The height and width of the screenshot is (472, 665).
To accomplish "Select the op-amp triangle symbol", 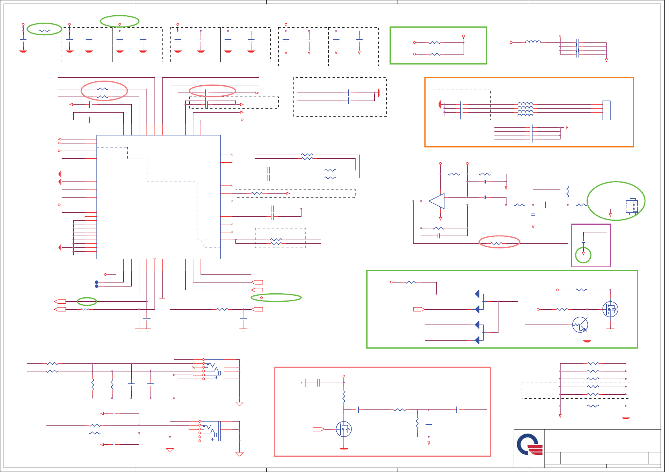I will [x=437, y=201].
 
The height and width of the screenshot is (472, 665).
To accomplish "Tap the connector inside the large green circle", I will [x=632, y=206].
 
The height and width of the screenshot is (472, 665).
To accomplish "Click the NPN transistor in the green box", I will [x=580, y=325].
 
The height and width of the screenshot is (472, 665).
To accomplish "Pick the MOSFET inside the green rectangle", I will [x=610, y=309].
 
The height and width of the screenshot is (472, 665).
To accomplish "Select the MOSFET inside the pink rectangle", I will [x=344, y=429].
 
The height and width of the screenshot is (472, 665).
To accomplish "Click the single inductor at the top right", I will [x=533, y=42].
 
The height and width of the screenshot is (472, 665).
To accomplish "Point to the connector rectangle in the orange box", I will [x=607, y=110].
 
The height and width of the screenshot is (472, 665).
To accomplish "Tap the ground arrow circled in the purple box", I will [x=583, y=254].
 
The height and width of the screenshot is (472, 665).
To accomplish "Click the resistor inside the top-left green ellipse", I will [x=44, y=31].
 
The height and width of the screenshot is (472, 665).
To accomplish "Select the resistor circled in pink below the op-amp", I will [x=496, y=243].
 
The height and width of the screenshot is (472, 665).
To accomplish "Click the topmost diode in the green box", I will [x=477, y=294].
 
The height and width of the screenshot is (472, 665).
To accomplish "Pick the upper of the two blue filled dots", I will [x=96, y=282].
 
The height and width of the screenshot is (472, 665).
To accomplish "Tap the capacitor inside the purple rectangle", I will [x=583, y=242].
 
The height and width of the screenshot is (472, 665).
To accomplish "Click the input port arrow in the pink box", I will [x=318, y=429].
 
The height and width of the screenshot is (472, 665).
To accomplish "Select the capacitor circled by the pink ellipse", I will [x=207, y=93].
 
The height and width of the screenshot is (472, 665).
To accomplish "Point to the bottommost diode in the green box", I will [x=477, y=340].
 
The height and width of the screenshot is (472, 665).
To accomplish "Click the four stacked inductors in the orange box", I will [x=525, y=109].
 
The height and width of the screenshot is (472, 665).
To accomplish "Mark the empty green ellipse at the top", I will [x=120, y=21].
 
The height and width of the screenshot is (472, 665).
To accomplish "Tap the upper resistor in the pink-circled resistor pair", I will [x=102, y=89].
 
